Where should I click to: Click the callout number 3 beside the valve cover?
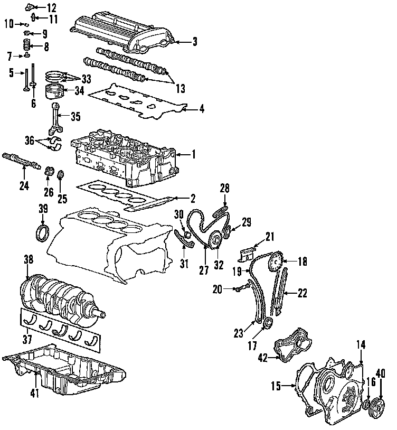194,42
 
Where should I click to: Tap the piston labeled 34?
54,91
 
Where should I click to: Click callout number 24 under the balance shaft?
24,185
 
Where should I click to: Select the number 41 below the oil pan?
35,393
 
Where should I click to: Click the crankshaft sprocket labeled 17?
268,322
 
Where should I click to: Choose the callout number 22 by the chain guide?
302,293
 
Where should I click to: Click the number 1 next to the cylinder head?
193,154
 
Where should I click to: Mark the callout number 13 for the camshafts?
181,88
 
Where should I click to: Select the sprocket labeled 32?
215,240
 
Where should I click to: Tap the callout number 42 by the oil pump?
263,358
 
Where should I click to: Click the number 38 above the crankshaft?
29,259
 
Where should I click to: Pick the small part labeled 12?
30,7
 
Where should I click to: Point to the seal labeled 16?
366,405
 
